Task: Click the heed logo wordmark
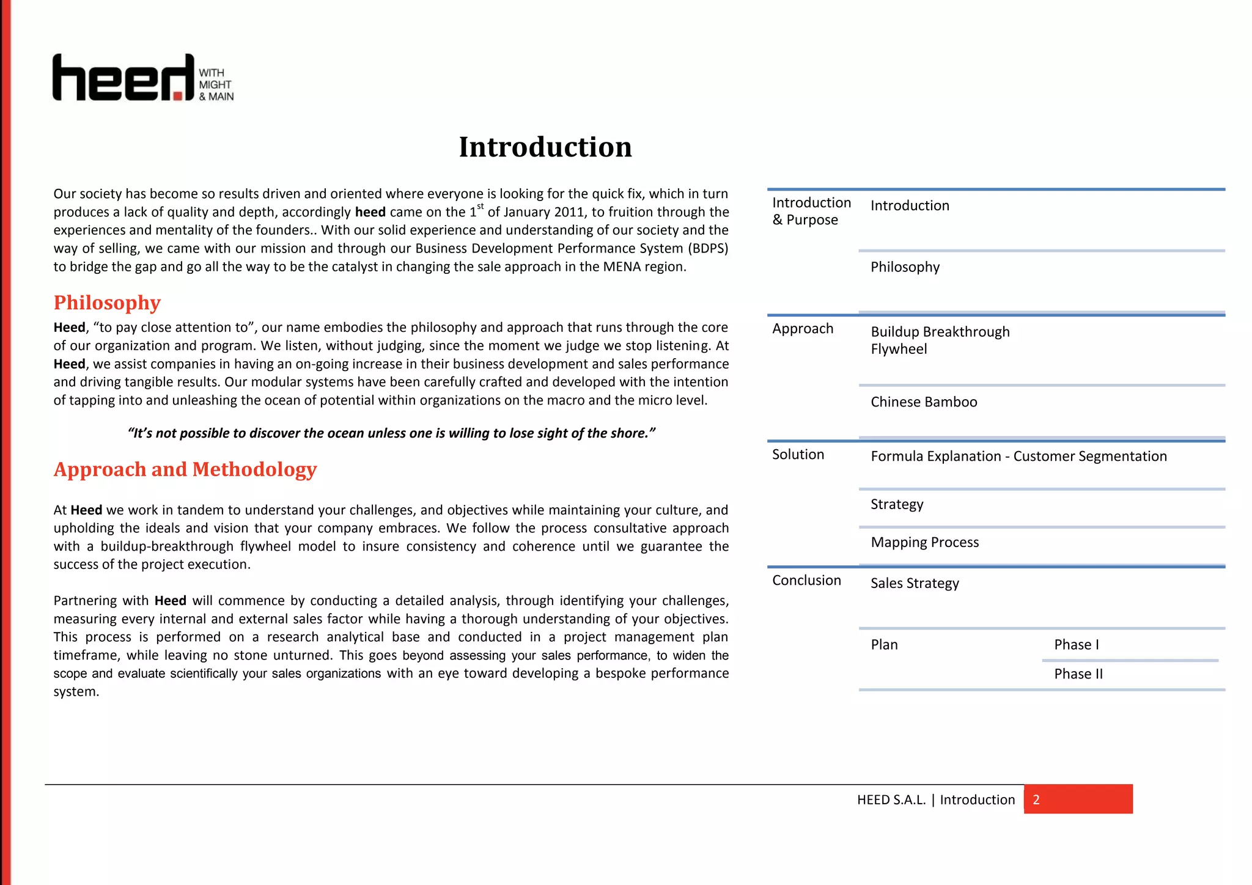[122, 78]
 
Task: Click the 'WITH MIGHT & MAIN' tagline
[216, 85]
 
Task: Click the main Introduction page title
[545, 147]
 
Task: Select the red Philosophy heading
[107, 303]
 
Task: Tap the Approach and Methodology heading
[185, 469]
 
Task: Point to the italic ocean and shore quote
[391, 433]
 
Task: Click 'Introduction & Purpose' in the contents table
[811, 211]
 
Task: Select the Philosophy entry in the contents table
[905, 267]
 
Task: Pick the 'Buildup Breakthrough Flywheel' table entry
[940, 340]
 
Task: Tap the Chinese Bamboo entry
[924, 402]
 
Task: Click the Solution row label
[798, 454]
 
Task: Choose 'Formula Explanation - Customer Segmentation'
[1018, 457]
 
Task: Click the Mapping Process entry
[924, 542]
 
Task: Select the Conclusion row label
[806, 580]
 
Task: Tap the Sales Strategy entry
[915, 583]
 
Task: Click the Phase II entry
[1078, 674]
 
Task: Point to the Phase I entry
[1076, 645]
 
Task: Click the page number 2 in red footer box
[1036, 800]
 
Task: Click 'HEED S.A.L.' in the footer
[891, 800]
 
